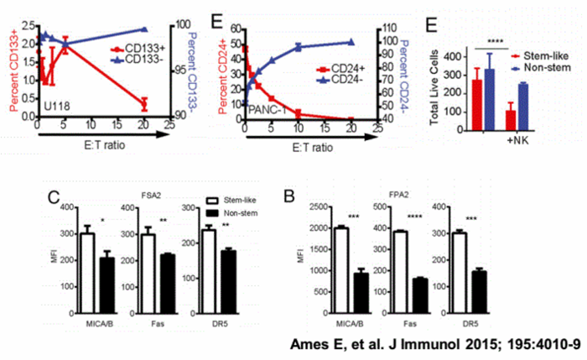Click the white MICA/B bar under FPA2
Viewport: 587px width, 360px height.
tap(344, 261)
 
